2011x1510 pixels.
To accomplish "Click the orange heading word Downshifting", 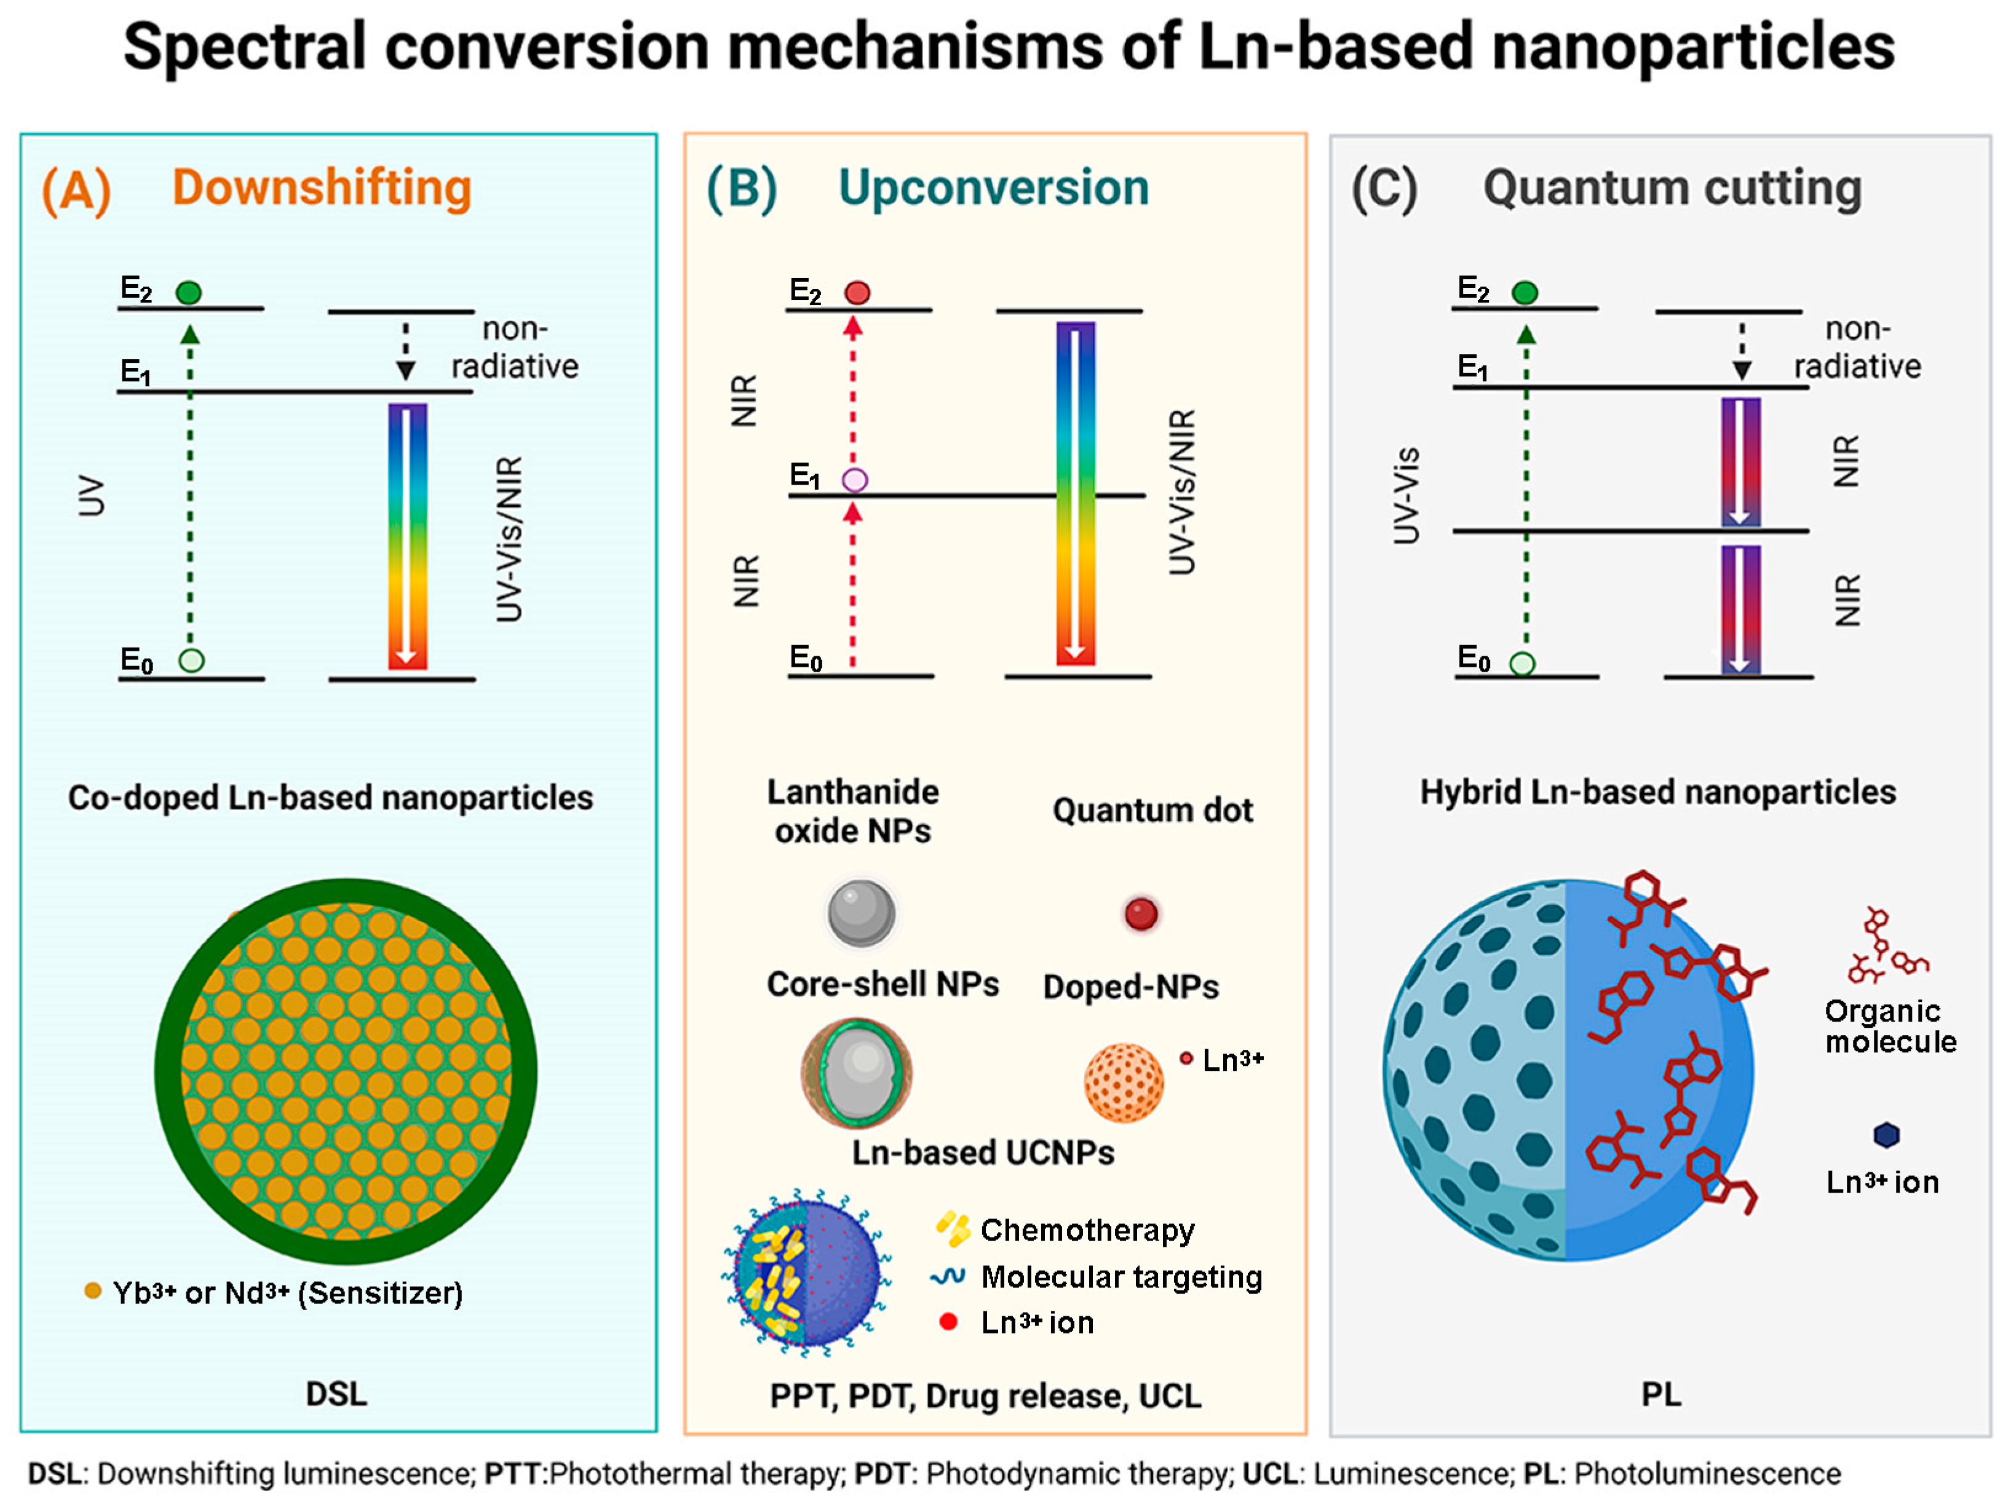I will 322,188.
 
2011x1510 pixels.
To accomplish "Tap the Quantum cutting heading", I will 1672,188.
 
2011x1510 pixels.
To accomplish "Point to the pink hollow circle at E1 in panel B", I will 855,480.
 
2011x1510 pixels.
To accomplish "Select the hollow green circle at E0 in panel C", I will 1522,664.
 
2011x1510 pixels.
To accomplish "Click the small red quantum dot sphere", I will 1140,913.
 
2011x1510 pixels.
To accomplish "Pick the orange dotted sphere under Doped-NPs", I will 1124,1082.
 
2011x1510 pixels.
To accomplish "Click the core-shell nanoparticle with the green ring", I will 857,1073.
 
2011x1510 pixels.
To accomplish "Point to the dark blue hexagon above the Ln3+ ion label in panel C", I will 1886,1135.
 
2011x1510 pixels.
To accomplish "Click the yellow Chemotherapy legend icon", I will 952,1229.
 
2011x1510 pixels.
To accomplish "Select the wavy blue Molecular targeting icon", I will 947,1276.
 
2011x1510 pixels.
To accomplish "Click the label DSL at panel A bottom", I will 336,1394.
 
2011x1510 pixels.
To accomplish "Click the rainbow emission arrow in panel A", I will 407,536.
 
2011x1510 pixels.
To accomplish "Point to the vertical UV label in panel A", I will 91,496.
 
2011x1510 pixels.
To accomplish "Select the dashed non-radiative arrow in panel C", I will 1741,350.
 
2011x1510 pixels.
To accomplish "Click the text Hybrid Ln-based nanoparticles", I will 1657,792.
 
